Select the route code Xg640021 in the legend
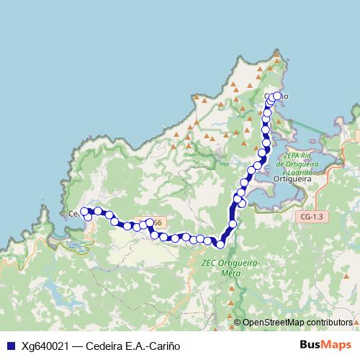coord(45,346)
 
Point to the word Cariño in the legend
coord(162,346)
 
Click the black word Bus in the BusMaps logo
coord(310,346)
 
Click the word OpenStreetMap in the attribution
coord(274,323)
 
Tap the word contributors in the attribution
coord(328,323)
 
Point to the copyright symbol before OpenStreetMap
coord(238,323)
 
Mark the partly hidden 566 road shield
coord(153,223)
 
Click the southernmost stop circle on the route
coord(221,243)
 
